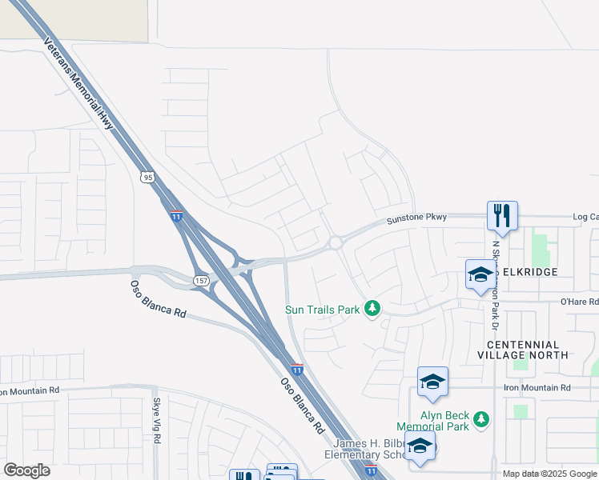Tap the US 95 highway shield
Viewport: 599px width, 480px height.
coord(147,177)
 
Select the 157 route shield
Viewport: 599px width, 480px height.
coord(200,279)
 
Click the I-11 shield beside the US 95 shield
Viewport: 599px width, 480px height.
coord(176,216)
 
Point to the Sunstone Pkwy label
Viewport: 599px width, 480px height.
coord(416,218)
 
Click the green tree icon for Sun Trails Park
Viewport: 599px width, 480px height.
coord(372,308)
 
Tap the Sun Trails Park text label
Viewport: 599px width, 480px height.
coord(323,309)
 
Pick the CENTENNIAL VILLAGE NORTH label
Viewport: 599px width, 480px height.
coord(529,350)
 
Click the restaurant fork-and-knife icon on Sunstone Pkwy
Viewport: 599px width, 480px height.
coord(502,215)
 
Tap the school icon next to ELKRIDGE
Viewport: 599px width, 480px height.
coord(480,274)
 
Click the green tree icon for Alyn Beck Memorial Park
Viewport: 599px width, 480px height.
coord(480,419)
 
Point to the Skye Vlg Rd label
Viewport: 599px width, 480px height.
coord(157,423)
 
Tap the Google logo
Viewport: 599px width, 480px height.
coord(26,470)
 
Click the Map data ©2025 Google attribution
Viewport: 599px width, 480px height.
coord(549,474)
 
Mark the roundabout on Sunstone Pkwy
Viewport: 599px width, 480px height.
coord(336,242)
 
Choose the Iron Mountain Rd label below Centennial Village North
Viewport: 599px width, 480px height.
coord(537,388)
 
